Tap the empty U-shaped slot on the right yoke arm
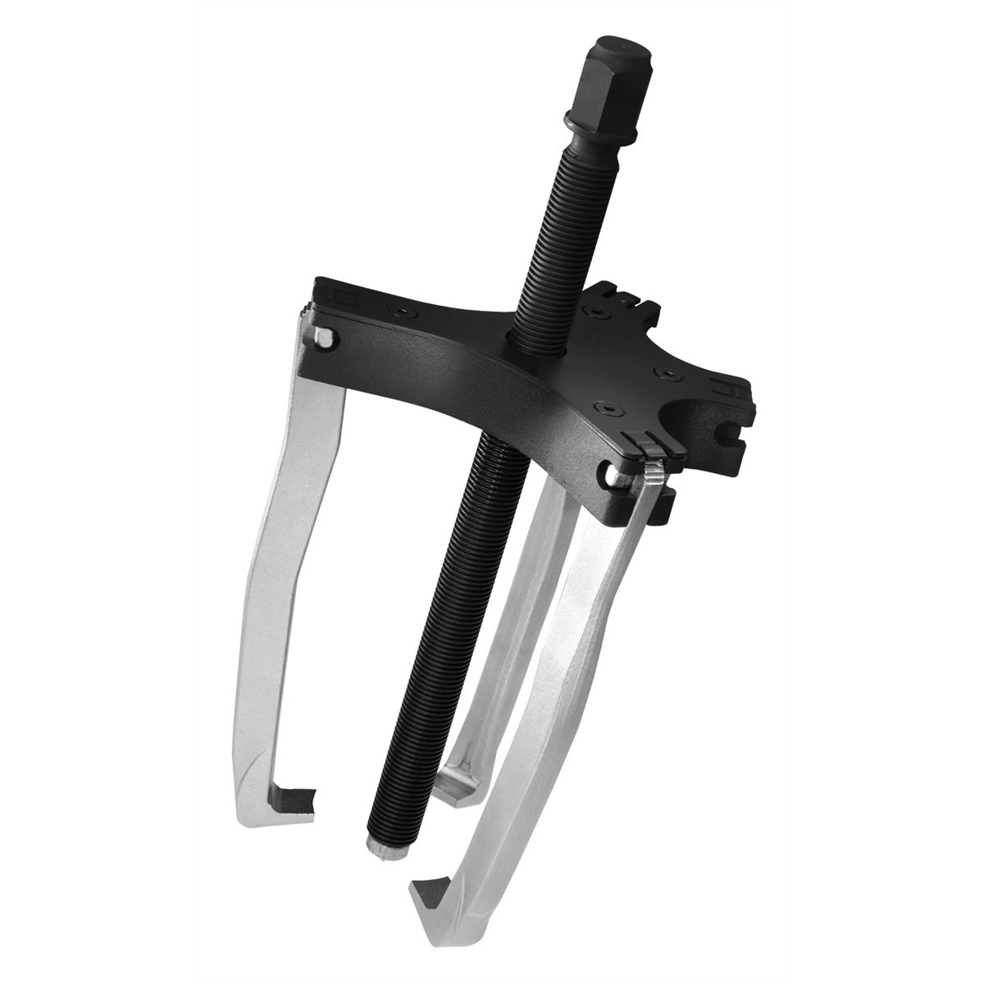pos(701,411)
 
